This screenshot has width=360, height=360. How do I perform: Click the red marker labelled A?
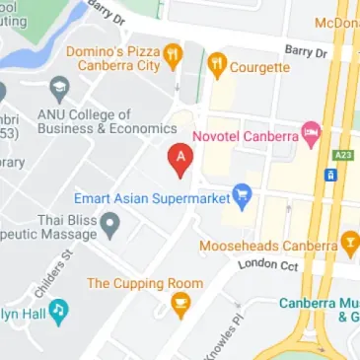click(180, 158)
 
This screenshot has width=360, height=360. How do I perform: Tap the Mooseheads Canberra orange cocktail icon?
click(350, 244)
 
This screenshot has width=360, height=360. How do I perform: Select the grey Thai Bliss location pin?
click(111, 226)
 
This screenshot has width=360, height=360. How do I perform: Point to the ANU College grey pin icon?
click(59, 90)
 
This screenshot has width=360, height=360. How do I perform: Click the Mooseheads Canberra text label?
click(268, 245)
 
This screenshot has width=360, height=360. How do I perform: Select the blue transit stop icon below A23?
click(332, 176)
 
